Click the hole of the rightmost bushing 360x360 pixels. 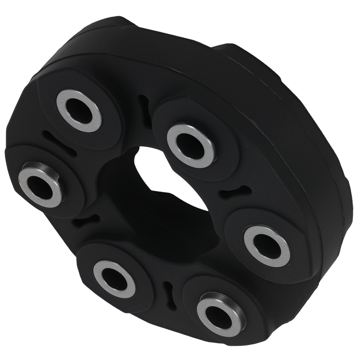[266, 245]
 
